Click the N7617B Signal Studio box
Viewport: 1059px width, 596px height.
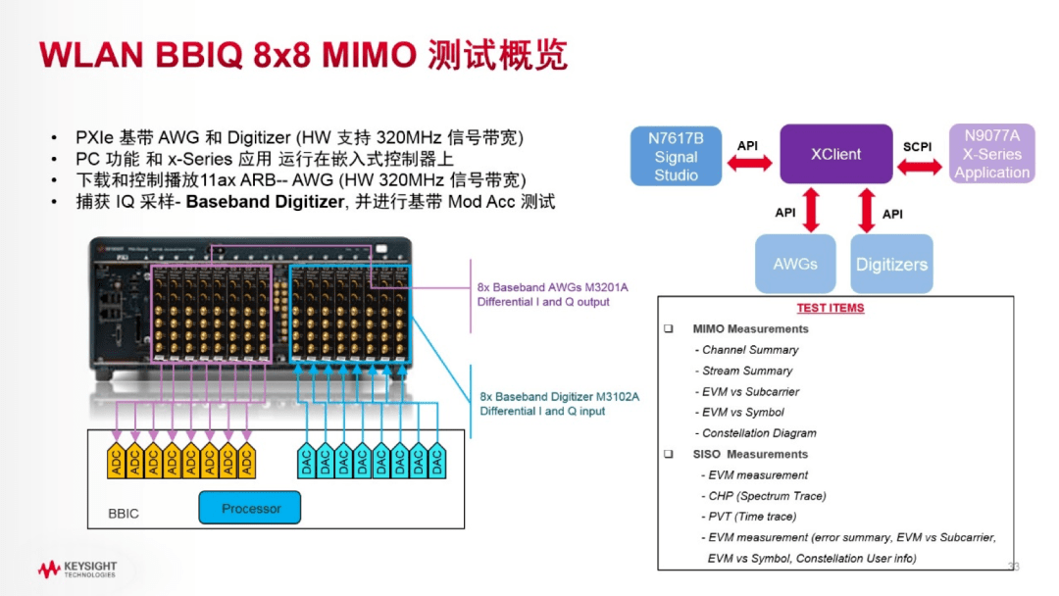click(x=677, y=156)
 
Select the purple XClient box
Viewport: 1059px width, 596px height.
click(x=835, y=154)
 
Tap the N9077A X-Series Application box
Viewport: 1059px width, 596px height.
click(x=991, y=154)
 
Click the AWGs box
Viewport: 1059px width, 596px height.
click(x=794, y=264)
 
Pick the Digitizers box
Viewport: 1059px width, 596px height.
click(x=890, y=264)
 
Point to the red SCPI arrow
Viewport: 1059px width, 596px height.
click(x=920, y=168)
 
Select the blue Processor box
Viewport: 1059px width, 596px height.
click(x=250, y=508)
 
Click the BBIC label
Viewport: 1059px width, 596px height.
click(x=124, y=514)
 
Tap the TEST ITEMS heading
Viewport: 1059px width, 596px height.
click(x=831, y=308)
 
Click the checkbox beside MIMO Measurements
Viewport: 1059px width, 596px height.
click(x=669, y=328)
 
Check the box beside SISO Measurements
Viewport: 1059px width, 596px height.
click(x=669, y=454)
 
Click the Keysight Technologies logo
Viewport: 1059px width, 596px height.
click(x=77, y=569)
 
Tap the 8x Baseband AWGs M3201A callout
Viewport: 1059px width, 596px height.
click(x=552, y=294)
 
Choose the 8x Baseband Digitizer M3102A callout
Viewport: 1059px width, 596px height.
click(x=559, y=404)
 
